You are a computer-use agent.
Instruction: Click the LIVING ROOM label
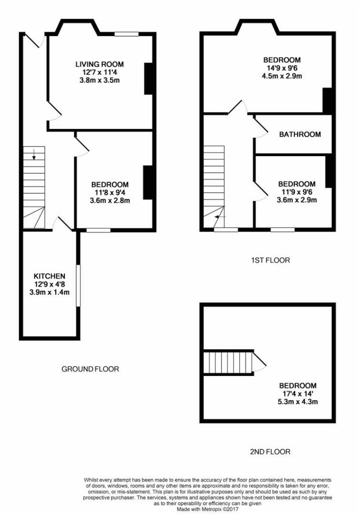tap(99, 64)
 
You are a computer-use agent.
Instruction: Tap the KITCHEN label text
tap(49, 276)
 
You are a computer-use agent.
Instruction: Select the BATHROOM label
tap(300, 135)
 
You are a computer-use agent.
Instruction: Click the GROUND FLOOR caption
tap(90, 369)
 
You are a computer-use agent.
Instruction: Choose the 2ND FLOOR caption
tap(270, 452)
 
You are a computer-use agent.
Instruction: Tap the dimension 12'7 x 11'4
tap(99, 72)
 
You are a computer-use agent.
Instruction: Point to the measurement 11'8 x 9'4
tap(110, 193)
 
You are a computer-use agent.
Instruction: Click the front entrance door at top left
tap(33, 40)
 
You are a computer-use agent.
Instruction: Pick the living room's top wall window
tap(126, 34)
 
